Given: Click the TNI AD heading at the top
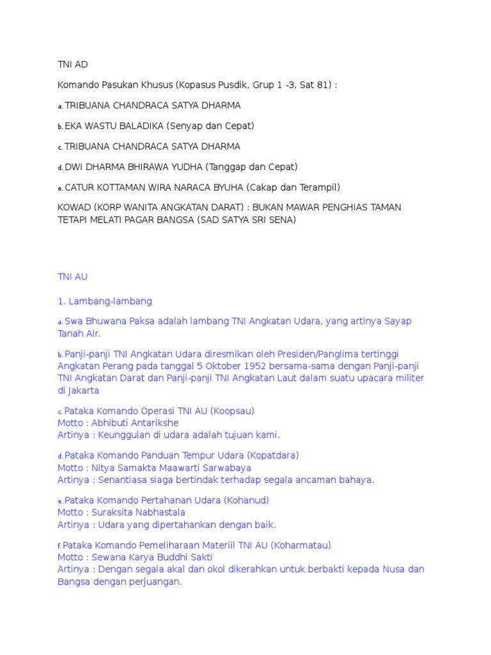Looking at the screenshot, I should click(x=72, y=64).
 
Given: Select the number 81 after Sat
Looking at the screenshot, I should click(x=320, y=84).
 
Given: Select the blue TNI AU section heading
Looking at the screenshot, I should click(x=72, y=277).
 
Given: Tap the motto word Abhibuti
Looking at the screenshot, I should click(x=113, y=423).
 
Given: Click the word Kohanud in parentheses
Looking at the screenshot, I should click(x=247, y=500).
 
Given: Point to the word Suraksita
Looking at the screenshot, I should click(x=115, y=512).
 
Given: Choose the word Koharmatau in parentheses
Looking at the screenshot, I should click(x=300, y=545).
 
